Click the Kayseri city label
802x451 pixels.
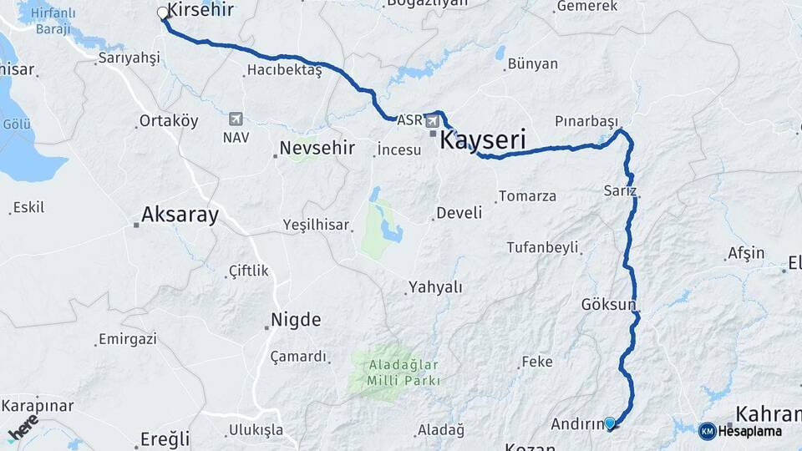(x=484, y=141)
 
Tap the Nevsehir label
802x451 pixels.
(x=317, y=149)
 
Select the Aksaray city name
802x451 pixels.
(x=180, y=215)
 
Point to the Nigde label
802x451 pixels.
(x=296, y=320)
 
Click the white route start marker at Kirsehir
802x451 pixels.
(x=163, y=13)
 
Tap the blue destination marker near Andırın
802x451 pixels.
(x=610, y=423)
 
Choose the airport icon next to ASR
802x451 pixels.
(x=433, y=122)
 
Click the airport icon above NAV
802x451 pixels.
(x=235, y=119)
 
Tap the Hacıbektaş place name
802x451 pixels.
(x=284, y=71)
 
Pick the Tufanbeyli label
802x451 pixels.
(x=542, y=247)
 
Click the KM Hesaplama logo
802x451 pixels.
(x=741, y=431)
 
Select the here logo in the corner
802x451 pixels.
(x=23, y=428)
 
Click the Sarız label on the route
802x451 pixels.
(x=619, y=191)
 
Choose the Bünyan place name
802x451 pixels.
(x=532, y=63)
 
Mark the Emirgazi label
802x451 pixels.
(x=127, y=339)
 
